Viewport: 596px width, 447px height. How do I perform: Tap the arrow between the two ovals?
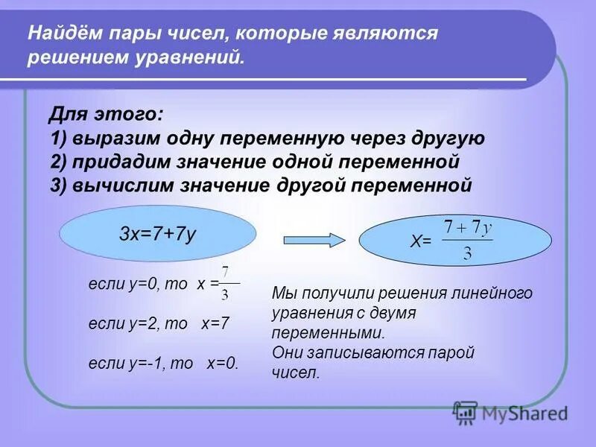tap(315, 239)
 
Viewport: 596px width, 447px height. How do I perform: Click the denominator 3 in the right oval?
tap(467, 253)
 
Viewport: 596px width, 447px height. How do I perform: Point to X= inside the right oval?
tap(422, 241)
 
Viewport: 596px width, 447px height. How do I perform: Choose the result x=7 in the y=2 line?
tap(215, 323)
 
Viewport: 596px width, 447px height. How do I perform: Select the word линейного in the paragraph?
tap(495, 294)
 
